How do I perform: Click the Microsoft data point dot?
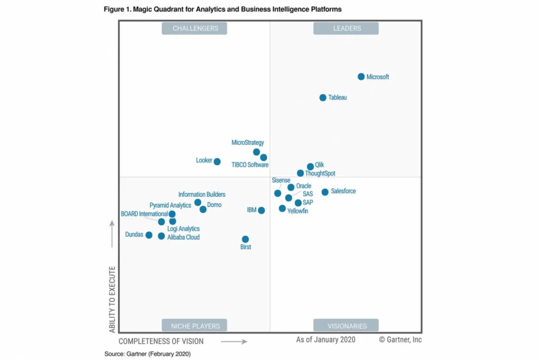click(361, 77)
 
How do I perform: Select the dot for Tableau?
click(323, 97)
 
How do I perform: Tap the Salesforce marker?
click(325, 192)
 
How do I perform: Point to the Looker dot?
click(217, 162)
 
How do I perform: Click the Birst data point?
click(245, 239)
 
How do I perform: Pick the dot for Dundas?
click(149, 235)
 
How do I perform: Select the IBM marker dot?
click(261, 211)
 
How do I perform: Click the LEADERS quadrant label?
click(346, 28)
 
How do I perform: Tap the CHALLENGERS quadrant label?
click(194, 28)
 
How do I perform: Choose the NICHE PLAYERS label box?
click(194, 326)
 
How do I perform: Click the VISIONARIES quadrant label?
click(346, 326)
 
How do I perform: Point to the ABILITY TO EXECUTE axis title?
click(112, 299)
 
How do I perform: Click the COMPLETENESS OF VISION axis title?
click(161, 342)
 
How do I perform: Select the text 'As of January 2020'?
click(325, 340)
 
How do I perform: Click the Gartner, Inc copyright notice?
click(400, 340)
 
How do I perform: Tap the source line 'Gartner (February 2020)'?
click(147, 354)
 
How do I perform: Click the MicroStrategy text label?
click(247, 143)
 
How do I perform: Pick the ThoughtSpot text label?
click(320, 174)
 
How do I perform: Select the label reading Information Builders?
click(202, 195)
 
